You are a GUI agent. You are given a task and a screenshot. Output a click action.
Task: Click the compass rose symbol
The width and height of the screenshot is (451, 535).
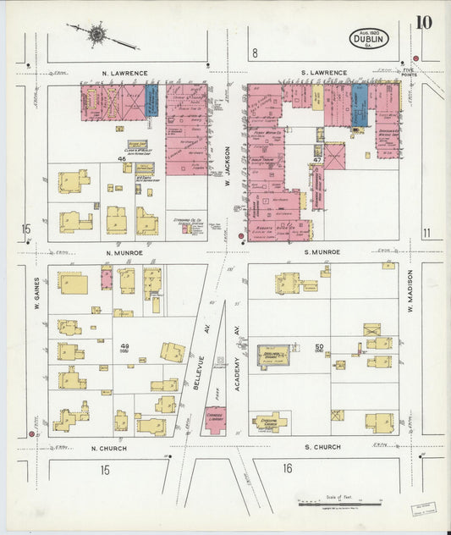pyautogui.click(x=97, y=35)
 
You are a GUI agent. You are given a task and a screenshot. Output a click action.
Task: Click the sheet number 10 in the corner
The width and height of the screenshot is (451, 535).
pyautogui.click(x=423, y=23)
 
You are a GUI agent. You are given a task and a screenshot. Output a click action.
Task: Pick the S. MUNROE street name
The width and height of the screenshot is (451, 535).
pyautogui.click(x=322, y=252)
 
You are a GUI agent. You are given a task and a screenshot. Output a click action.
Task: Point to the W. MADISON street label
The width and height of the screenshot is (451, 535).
pyautogui.click(x=408, y=319)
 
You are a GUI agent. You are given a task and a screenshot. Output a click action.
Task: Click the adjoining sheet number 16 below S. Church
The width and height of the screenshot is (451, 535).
pyautogui.click(x=288, y=467)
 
